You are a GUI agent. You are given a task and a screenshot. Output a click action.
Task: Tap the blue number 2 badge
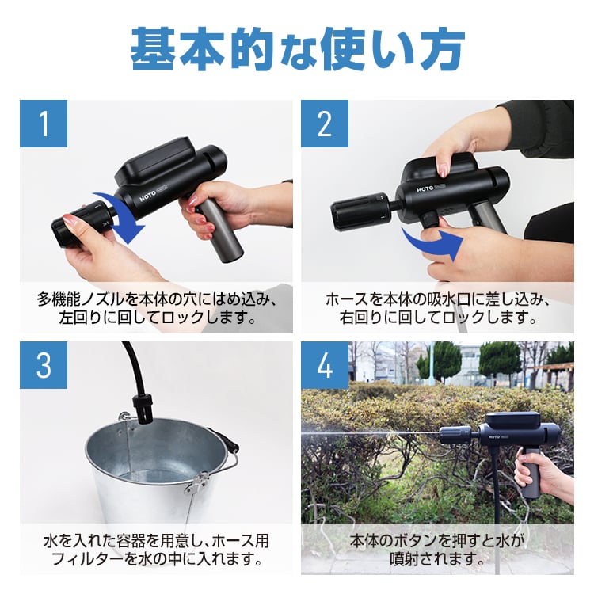pos(325,124)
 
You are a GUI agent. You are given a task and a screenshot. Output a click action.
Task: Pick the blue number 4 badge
pos(325,366)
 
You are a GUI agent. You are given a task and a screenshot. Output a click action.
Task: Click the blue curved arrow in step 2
pos(432,244)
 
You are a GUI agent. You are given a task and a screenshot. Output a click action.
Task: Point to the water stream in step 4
pos(372,434)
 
